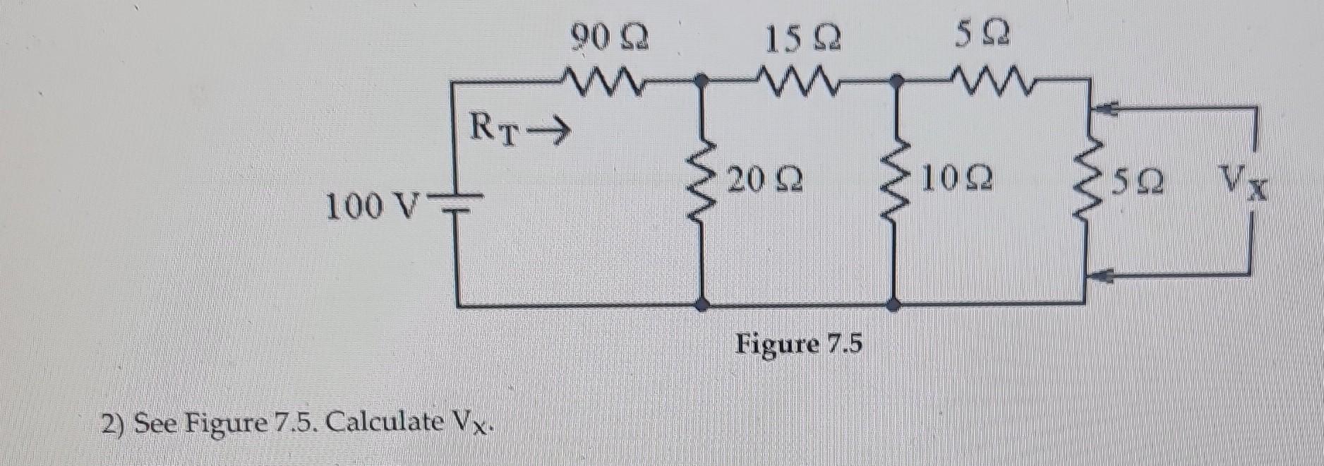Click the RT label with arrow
(x=519, y=130)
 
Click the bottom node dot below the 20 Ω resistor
(x=702, y=305)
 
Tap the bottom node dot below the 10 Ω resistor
(x=893, y=305)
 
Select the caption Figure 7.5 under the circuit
(x=799, y=345)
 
